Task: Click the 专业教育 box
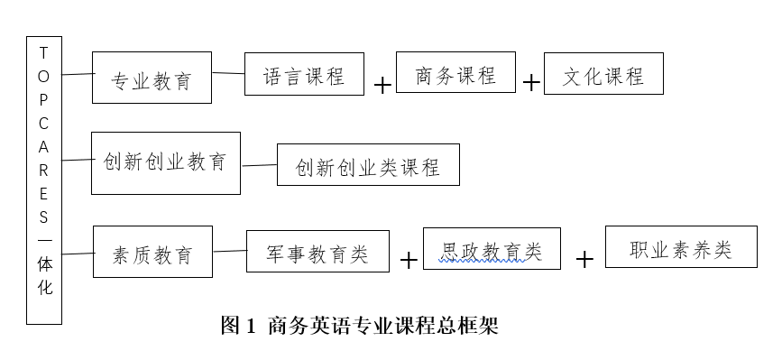(152, 78)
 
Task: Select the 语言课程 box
(304, 75)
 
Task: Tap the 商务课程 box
(456, 74)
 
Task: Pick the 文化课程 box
(603, 74)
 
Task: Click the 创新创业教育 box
(165, 162)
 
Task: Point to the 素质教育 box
(153, 252)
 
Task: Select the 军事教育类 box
(317, 252)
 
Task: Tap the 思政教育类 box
(492, 248)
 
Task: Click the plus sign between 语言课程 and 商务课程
(382, 85)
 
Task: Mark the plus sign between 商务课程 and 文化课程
(531, 83)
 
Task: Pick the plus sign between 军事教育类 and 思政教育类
(409, 260)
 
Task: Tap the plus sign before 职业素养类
(584, 259)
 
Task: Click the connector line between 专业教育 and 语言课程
(229, 73)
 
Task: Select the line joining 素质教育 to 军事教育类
(230, 252)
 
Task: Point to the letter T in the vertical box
(43, 53)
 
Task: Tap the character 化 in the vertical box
(44, 288)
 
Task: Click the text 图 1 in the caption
(238, 326)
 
